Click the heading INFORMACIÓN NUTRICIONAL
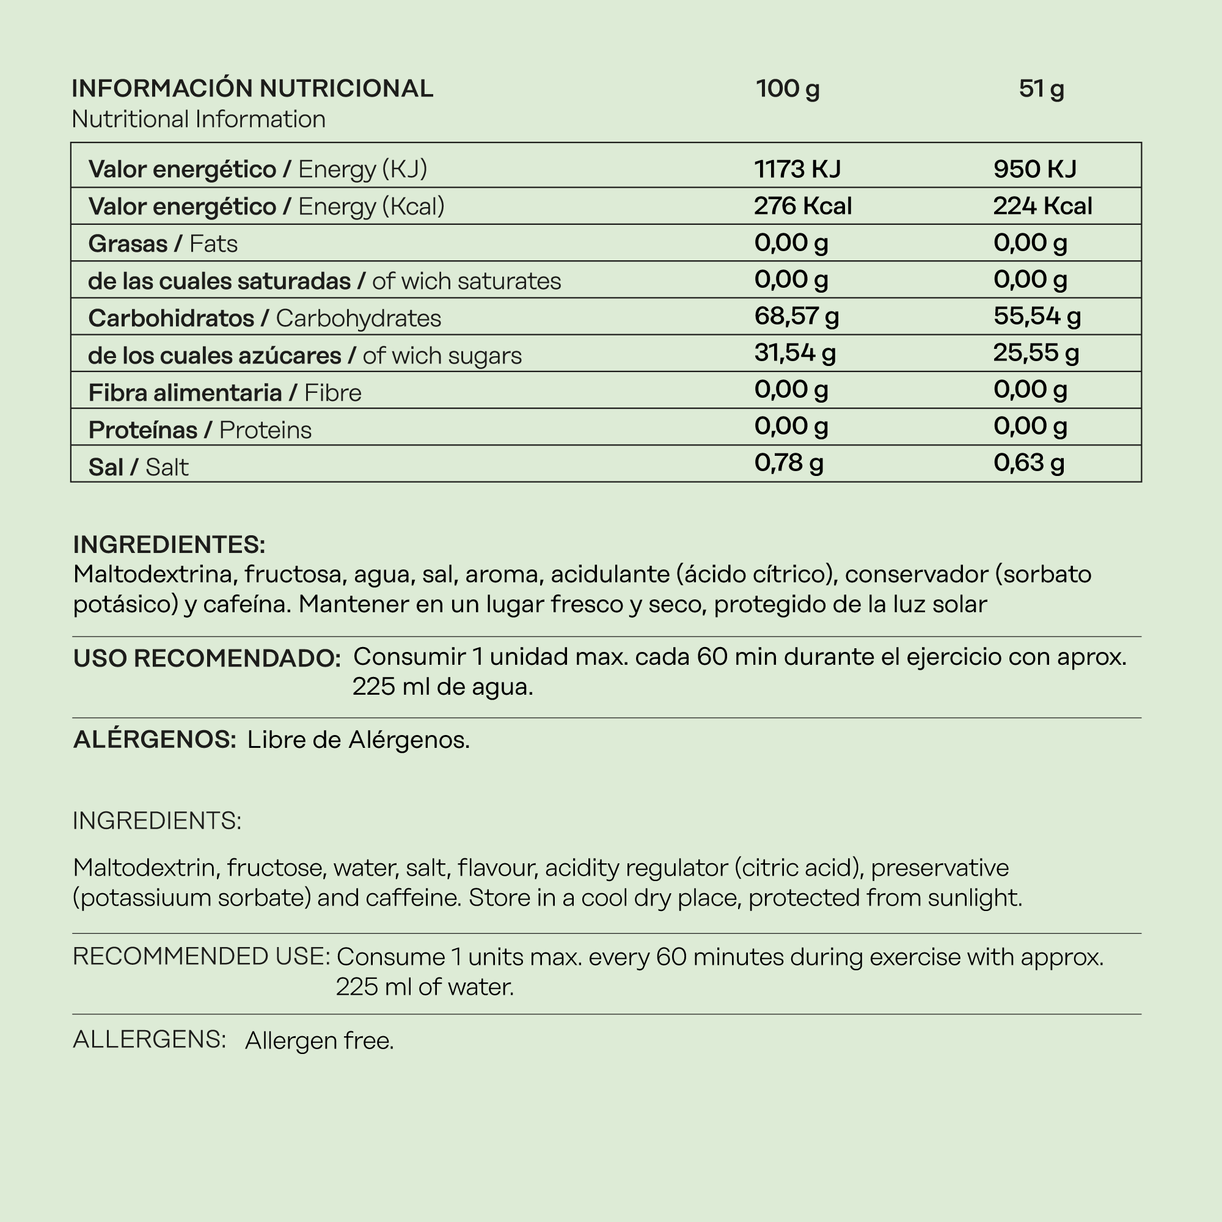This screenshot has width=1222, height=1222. coord(252,89)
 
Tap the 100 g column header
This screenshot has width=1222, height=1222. coord(788,89)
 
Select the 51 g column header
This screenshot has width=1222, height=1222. coord(1041,89)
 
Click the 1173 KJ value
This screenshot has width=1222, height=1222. coord(797,169)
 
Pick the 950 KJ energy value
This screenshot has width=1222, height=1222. coord(1035,169)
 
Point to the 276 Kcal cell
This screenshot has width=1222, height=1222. coord(803,206)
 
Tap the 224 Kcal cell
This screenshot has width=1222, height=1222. coord(1042,206)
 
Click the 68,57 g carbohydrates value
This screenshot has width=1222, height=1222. coord(796,316)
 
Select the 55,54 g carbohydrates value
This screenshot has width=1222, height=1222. coord(1037,316)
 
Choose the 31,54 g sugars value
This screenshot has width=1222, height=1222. coord(794,353)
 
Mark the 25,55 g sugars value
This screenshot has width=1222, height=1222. coord(1036,353)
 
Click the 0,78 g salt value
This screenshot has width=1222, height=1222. coord(789,463)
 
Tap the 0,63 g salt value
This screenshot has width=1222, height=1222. coord(1028,463)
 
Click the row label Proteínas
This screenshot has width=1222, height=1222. coord(143,430)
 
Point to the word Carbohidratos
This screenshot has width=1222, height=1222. coord(171,318)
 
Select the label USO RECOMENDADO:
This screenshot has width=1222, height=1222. coord(207,659)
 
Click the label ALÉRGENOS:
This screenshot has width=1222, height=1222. coord(155,739)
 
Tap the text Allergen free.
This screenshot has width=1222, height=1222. coord(320,1041)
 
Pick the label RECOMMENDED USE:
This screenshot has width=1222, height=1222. coord(201,957)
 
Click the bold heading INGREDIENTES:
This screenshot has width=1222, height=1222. coord(169,544)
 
